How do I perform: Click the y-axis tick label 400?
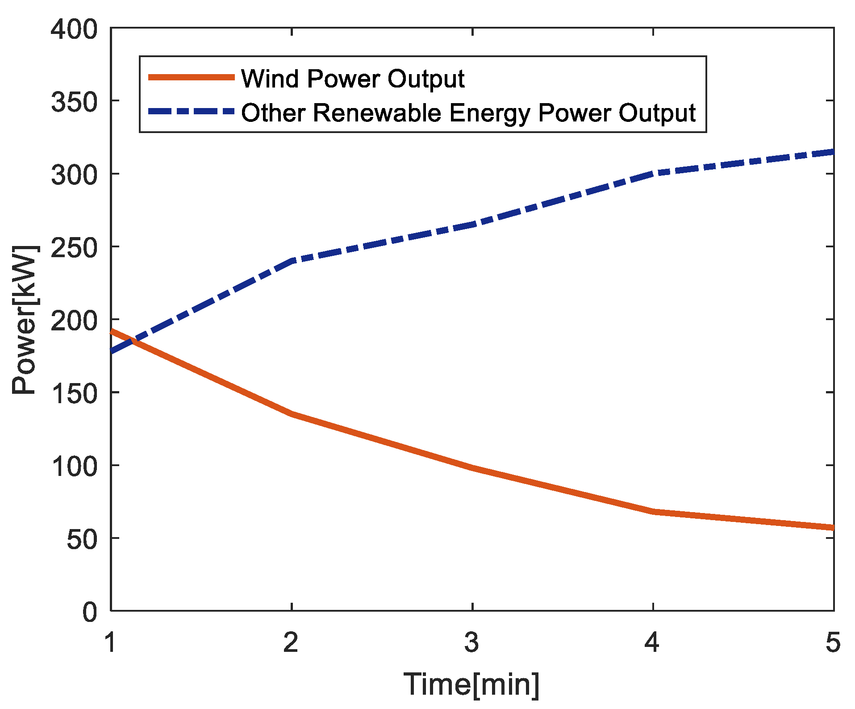pos(74,30)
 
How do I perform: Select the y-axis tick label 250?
pos(74,248)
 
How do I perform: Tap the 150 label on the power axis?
pos(74,394)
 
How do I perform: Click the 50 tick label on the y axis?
pos(81,539)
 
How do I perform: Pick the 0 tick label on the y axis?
pos(89,612)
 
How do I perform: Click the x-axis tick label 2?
pos(291,643)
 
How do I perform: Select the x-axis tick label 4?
pos(652,643)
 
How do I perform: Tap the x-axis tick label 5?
pos(833,643)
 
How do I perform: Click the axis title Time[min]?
pos(471,684)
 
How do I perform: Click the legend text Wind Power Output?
pos(353,79)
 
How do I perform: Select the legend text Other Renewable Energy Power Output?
pos(468,113)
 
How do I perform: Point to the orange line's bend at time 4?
pos(653,511)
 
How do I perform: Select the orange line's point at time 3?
pos(472,467)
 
